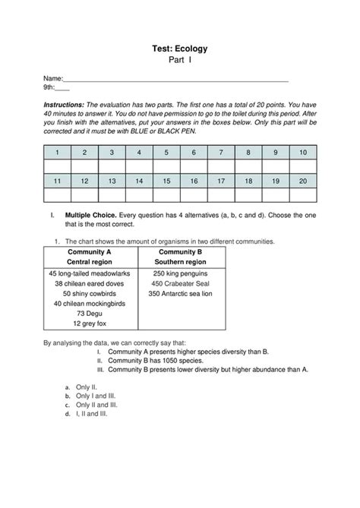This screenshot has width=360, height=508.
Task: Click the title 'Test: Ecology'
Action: pos(180,49)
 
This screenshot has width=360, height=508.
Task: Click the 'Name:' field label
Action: pos(52,79)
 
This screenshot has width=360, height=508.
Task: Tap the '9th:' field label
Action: pos(50,88)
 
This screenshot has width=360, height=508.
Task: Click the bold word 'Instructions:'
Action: pos(64,103)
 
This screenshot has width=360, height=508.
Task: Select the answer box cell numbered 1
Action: pos(57,153)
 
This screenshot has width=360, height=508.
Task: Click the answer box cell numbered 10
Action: pos(303,153)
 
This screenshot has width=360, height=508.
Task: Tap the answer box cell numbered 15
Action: pos(166,181)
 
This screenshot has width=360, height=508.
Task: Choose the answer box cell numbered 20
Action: pos(303,181)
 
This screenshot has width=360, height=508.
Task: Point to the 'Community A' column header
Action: pos(90,251)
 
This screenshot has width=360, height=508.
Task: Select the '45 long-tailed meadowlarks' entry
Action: pos(90,273)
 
